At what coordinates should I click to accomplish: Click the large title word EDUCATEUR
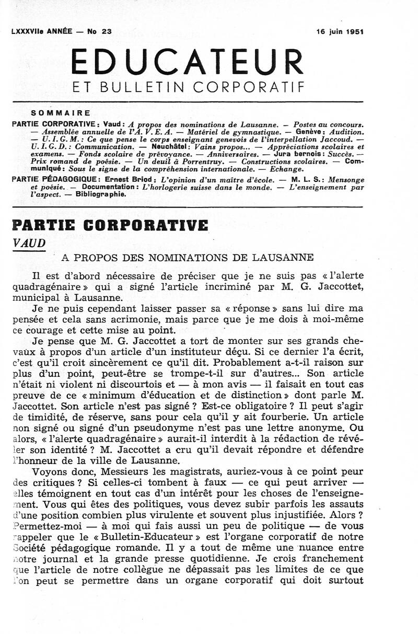(x=187, y=62)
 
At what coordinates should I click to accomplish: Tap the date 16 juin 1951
(x=340, y=31)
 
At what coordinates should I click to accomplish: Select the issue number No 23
(x=99, y=31)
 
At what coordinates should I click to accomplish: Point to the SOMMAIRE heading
(x=61, y=112)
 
